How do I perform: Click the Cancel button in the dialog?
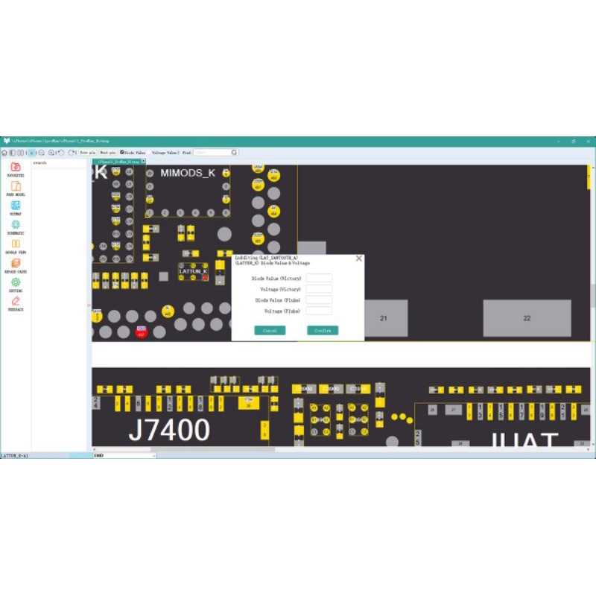click(x=270, y=330)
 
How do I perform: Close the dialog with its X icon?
click(x=359, y=259)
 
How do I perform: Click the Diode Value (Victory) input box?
click(x=319, y=278)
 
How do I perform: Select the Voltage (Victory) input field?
click(x=319, y=288)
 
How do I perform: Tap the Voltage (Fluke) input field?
click(x=319, y=311)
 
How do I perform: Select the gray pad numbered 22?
click(x=527, y=318)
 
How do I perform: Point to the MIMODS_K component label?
click(x=188, y=173)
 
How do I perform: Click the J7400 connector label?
click(x=169, y=430)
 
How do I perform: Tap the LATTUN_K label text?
click(x=193, y=271)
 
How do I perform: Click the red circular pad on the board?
click(x=141, y=332)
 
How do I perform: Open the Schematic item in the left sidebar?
click(x=16, y=224)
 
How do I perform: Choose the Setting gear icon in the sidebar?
click(x=16, y=282)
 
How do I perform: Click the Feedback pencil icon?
click(x=16, y=301)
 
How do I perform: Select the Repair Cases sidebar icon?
click(x=16, y=263)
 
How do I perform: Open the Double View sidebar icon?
click(x=16, y=244)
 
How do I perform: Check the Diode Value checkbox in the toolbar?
click(x=123, y=153)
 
